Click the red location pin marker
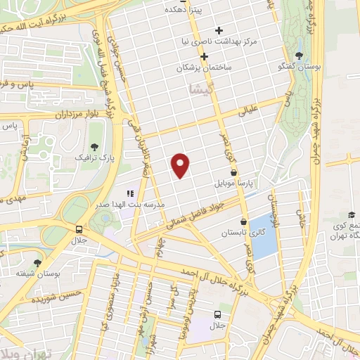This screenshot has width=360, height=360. tap(181, 164)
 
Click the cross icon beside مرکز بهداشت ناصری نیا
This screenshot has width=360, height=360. tap(219, 30)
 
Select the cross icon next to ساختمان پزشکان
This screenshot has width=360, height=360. tap(204, 56)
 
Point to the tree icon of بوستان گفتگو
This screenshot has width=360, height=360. tap(300, 56)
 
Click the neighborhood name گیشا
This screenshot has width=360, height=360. tap(199, 89)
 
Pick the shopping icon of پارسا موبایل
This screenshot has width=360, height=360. tap(233, 172)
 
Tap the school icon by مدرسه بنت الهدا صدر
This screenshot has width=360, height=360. tap(129, 193)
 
